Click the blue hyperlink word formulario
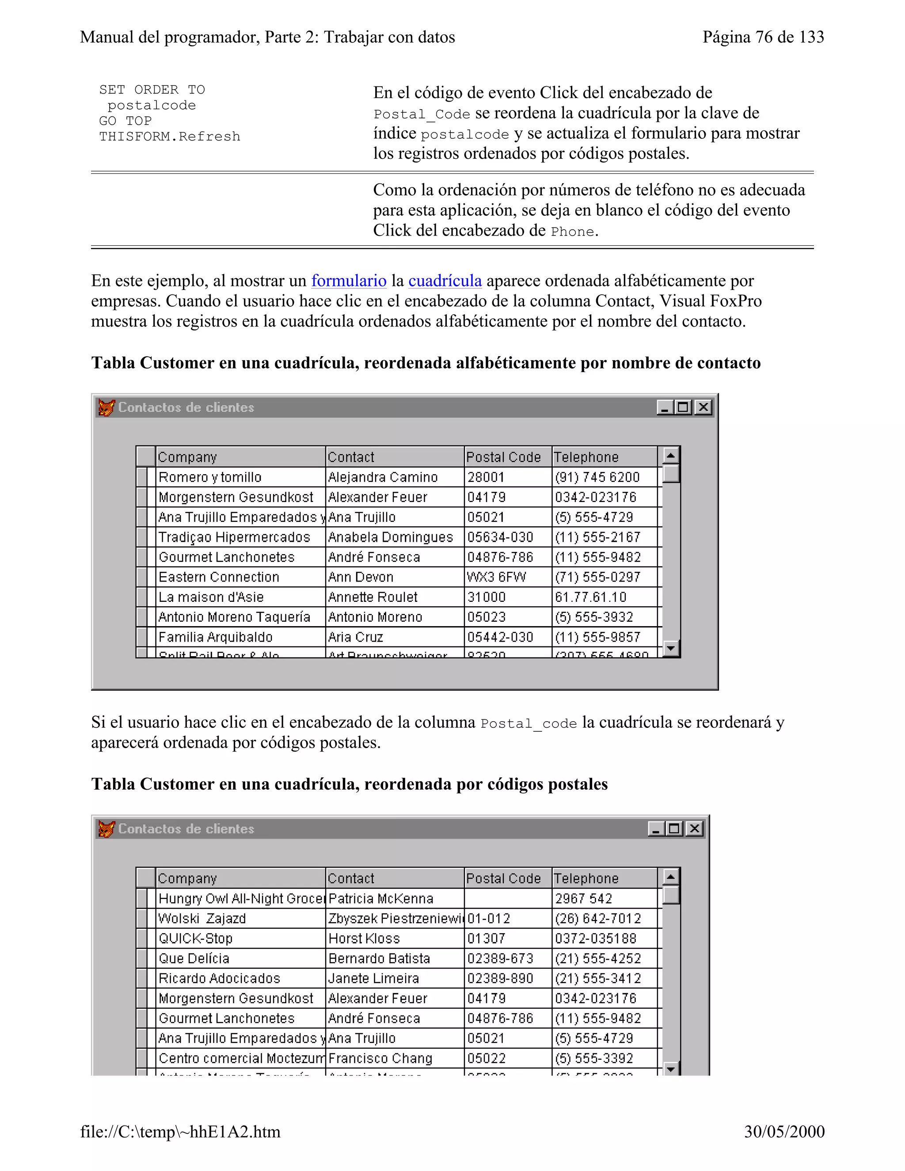[x=349, y=281]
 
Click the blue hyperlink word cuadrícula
[x=445, y=281]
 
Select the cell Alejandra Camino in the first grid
[x=383, y=477]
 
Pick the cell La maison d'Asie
[x=211, y=597]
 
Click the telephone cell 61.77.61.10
[x=590, y=597]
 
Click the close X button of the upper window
[x=703, y=407]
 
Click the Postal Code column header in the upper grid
[x=503, y=457]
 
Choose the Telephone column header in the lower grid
[x=586, y=879]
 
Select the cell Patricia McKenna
[x=380, y=899]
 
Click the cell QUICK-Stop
[x=196, y=939]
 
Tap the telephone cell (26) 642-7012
[x=598, y=919]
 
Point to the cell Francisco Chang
[x=380, y=1059]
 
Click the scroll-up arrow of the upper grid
[x=671, y=456]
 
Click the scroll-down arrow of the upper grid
[x=671, y=649]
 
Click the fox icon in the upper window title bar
[x=106, y=408]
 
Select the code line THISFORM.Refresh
[x=169, y=137]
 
